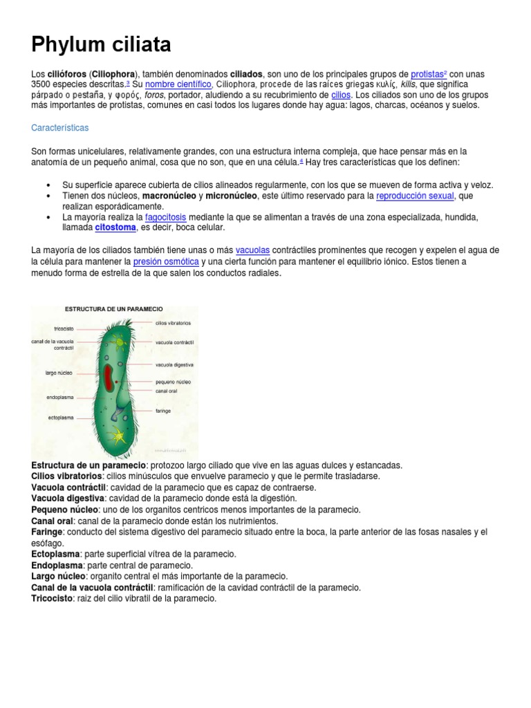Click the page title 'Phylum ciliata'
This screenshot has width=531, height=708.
coord(101,46)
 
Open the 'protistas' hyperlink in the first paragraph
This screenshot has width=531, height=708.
coord(427,74)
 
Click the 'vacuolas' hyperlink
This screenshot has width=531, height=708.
coord(253,249)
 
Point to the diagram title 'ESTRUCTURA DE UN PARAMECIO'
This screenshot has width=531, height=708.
coord(114,308)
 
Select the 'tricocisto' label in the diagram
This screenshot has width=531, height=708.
coord(64,328)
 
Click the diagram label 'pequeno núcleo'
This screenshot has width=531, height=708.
coord(173,381)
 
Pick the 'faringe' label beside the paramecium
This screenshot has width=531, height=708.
coord(163,410)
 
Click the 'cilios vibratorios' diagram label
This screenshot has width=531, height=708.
coord(173,323)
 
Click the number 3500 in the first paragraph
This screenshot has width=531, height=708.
coord(42,84)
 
